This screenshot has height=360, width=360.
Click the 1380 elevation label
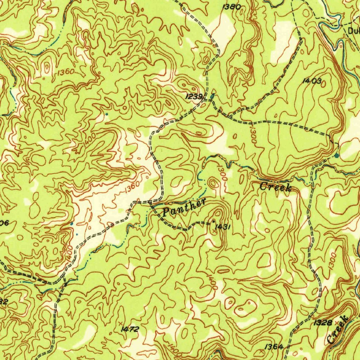point(232,7)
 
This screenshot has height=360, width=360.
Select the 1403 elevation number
point(311,81)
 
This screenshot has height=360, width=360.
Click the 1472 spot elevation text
point(130,329)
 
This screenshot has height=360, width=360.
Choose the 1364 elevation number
point(274,347)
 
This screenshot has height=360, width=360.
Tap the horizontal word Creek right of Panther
point(276,187)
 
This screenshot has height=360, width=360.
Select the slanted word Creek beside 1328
point(337,330)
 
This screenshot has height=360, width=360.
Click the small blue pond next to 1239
point(212,96)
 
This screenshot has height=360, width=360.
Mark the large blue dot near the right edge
point(337,155)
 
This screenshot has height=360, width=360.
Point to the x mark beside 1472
point(121,323)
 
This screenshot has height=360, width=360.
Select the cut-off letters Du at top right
point(353,31)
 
